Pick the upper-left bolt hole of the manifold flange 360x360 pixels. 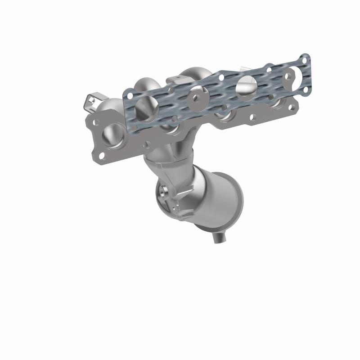[95, 121]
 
